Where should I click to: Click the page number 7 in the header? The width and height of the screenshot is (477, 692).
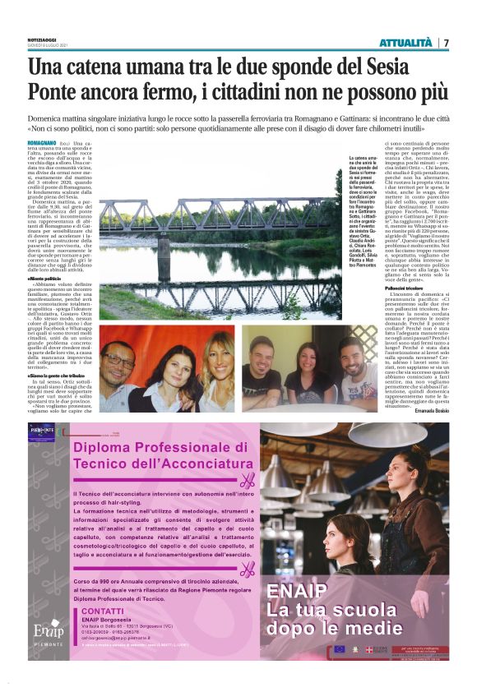coord(445,43)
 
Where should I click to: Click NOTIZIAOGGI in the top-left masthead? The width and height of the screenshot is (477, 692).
coord(42,39)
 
